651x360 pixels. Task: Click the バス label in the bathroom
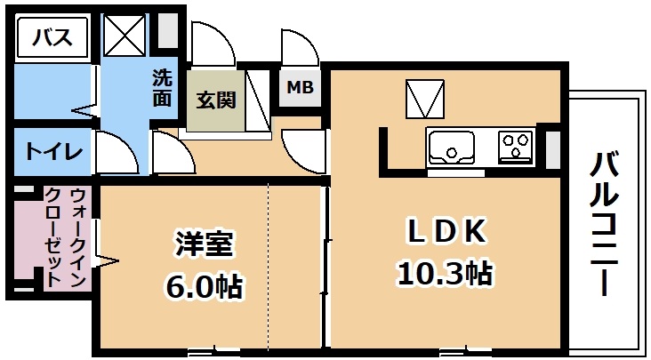(52, 38)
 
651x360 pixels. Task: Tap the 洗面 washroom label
(162, 88)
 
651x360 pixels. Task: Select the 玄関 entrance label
(216, 100)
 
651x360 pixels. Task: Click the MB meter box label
(301, 87)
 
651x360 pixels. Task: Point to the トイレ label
(54, 152)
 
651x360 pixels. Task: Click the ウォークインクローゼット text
(67, 237)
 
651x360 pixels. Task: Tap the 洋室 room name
(203, 246)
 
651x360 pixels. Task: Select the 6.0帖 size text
(205, 285)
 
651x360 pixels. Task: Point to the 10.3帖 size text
(445, 274)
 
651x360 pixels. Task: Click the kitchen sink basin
(451, 148)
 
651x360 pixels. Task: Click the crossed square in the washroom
(125, 36)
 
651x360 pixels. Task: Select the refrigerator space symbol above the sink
(425, 99)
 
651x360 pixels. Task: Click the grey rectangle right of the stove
(552, 150)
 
